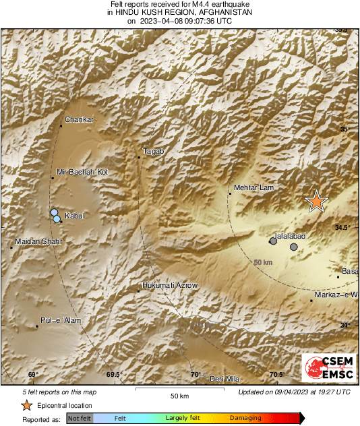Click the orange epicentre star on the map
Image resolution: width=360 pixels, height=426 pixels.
316,201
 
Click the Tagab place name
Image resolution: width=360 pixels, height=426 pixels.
154,152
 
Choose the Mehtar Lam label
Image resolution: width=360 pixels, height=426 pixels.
251,188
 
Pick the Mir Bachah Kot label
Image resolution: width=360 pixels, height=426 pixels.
82,173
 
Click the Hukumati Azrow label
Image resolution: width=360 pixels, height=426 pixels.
171,286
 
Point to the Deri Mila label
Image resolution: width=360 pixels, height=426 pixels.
224,379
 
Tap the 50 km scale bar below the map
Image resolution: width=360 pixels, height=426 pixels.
179,390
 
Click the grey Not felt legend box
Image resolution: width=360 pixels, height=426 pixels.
80,418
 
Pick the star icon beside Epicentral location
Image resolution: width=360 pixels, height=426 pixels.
26,405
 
